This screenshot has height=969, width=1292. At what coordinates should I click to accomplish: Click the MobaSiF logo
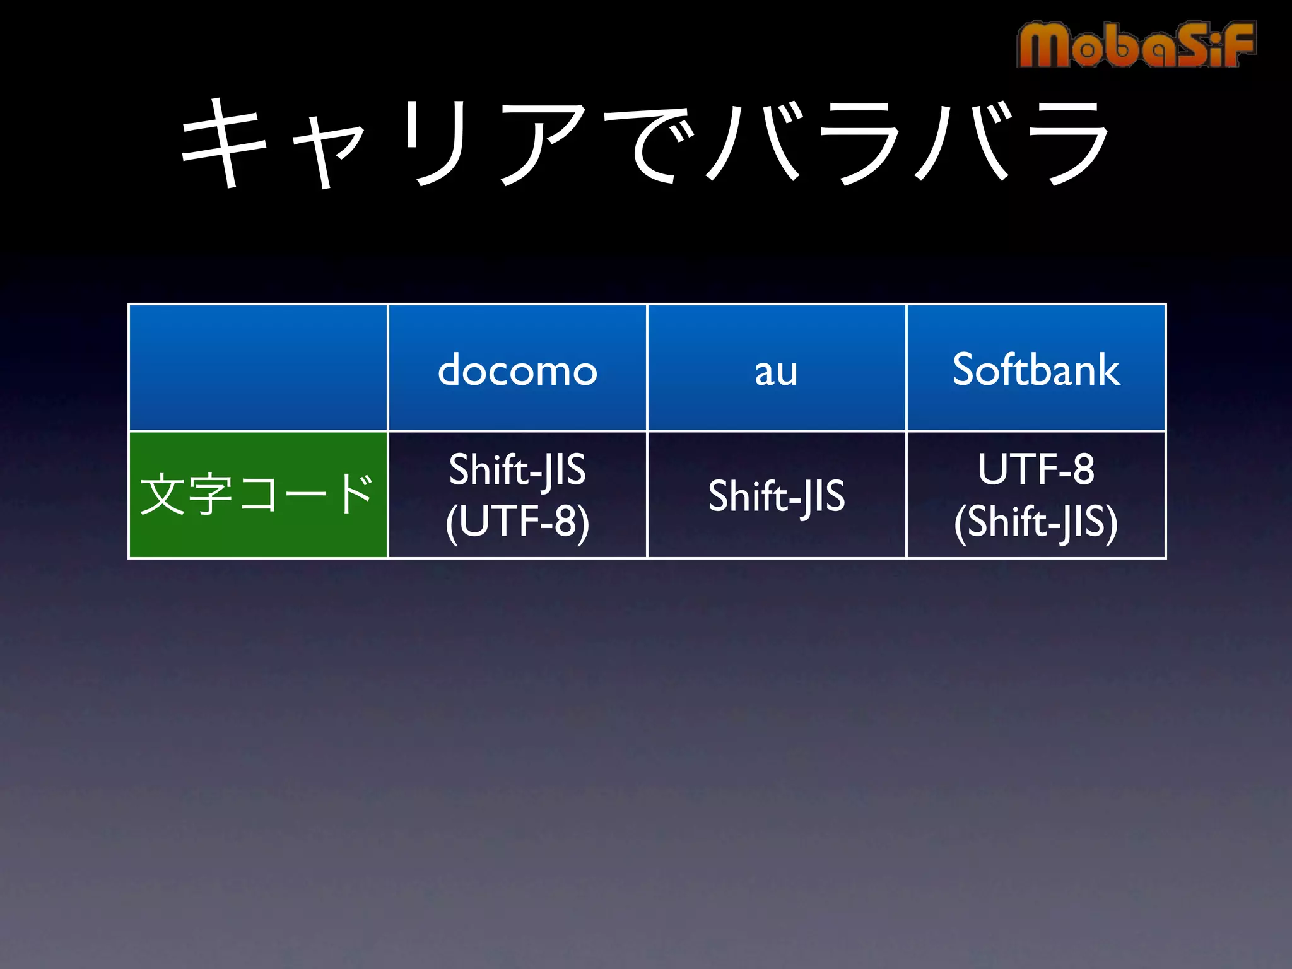1136,44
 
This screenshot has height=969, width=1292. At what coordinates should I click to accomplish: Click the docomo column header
517,370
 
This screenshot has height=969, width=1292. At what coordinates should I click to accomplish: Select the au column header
776,371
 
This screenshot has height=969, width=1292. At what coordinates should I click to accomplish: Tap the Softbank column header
1036,370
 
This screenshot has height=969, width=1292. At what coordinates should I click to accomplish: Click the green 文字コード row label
257,495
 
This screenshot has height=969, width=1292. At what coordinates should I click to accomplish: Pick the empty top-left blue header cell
257,368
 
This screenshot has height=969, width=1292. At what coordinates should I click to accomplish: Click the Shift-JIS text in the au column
776,496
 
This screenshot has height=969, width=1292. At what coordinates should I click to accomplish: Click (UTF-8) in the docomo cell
517,522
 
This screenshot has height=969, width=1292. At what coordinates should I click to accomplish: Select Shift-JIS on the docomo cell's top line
517,470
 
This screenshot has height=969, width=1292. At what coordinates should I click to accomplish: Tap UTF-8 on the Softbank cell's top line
1036,469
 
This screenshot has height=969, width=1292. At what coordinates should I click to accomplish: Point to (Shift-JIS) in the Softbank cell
1036,522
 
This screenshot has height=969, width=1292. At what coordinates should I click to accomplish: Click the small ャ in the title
328,151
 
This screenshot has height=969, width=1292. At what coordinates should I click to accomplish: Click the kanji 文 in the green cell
163,495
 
